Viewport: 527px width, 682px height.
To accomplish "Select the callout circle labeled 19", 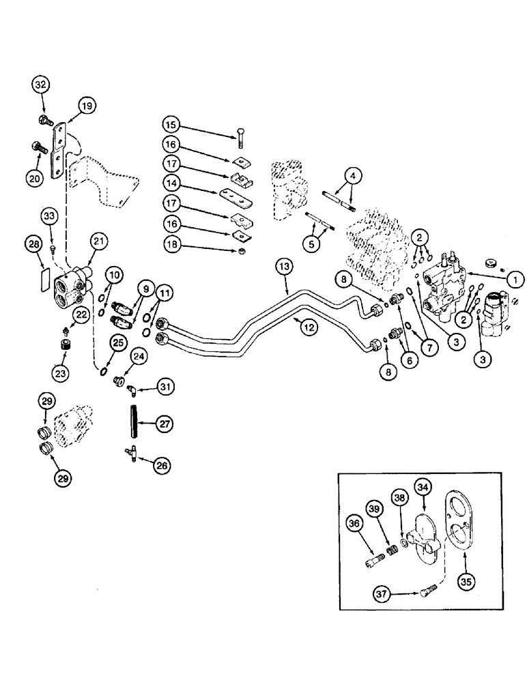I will coord(87,106).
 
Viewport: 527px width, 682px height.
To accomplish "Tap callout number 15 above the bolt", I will coord(172,125).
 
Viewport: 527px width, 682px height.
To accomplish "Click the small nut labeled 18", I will coord(240,252).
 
